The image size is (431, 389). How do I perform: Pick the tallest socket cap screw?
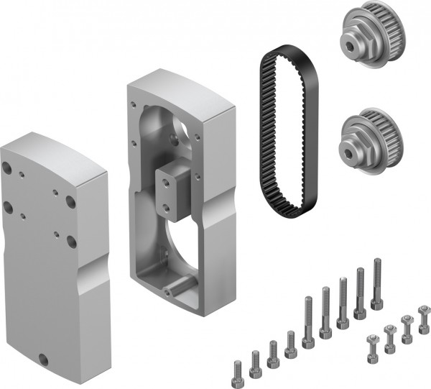(376, 284)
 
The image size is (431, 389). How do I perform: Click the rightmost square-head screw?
(423, 314)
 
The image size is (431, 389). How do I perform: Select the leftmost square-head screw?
(372, 342)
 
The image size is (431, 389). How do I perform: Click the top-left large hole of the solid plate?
(7, 168)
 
